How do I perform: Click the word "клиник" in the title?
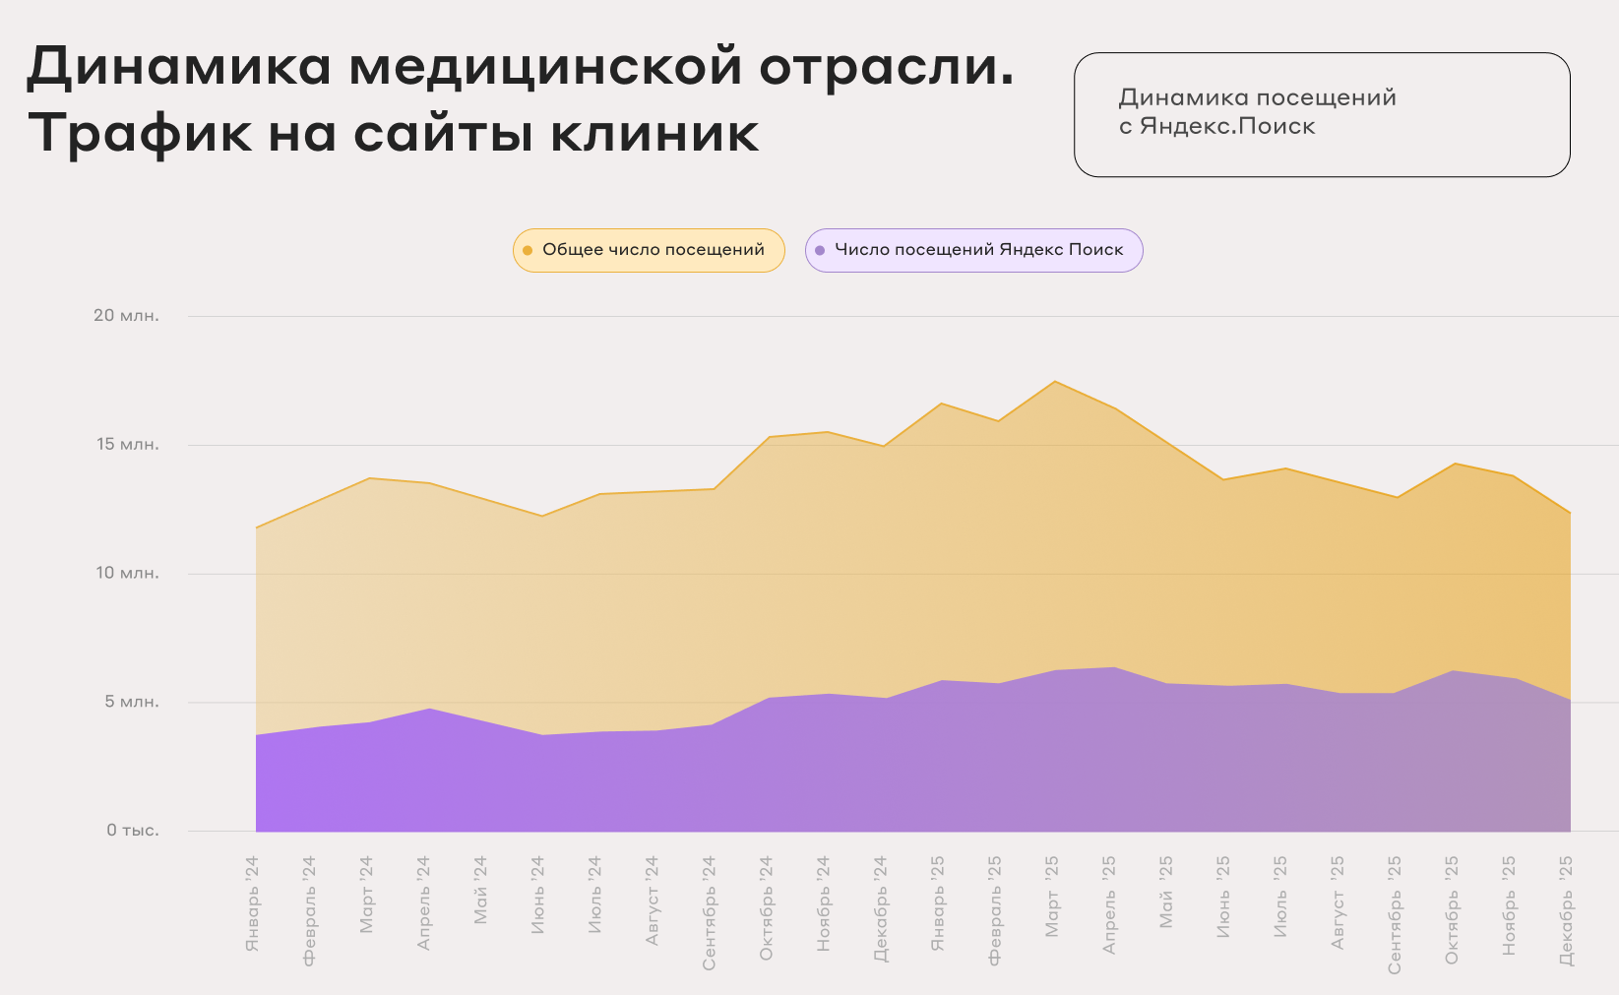(654, 133)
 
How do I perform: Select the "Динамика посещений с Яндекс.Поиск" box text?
(1257, 112)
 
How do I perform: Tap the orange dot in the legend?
(528, 251)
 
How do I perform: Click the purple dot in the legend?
(820, 251)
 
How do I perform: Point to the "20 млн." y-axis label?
(126, 316)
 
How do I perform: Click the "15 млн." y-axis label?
(127, 445)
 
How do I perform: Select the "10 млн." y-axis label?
(127, 574)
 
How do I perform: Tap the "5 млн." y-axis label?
(132, 703)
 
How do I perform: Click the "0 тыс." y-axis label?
(133, 831)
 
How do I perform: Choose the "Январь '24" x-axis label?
(253, 903)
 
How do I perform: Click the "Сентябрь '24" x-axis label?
(710, 912)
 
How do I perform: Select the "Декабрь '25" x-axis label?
(1566, 910)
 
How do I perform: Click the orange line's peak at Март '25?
(1054, 381)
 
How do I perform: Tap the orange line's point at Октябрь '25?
(1455, 464)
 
